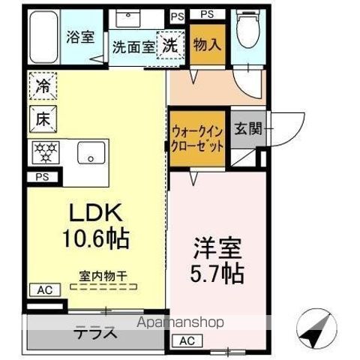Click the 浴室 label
[78, 37]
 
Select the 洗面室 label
[133, 46]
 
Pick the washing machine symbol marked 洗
[171, 44]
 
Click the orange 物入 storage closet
[205, 43]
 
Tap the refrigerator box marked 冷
[43, 85]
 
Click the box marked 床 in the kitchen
[43, 117]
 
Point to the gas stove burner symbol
[43, 151]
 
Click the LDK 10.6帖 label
[96, 226]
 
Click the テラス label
[95, 334]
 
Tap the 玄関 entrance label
[245, 128]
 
